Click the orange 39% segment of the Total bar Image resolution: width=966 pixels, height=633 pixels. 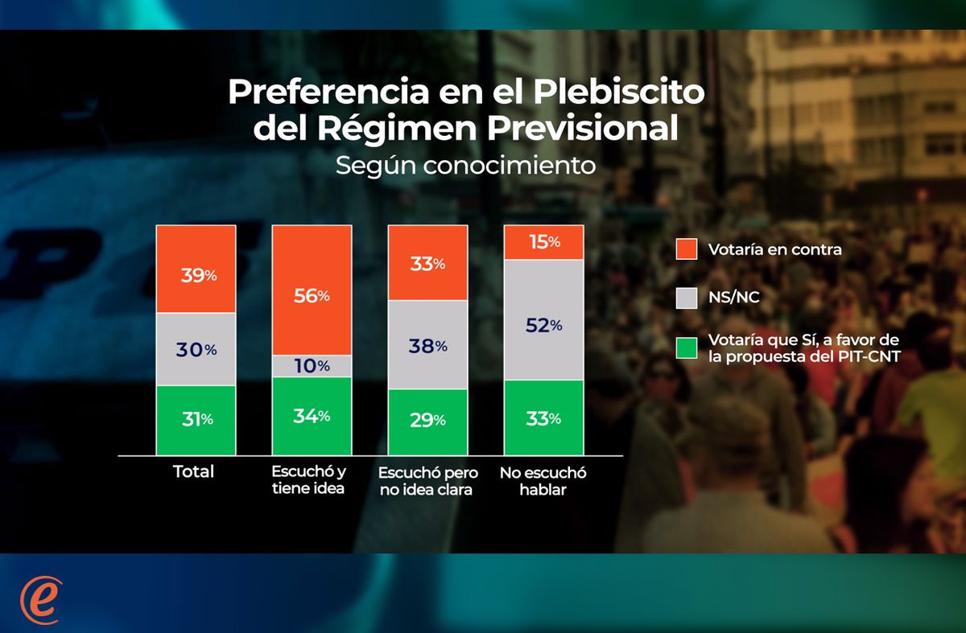[x=196, y=269]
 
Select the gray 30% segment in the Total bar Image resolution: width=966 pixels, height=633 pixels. [x=196, y=350]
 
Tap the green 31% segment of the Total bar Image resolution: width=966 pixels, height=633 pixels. [x=196, y=419]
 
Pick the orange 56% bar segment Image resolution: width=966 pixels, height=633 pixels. [x=312, y=290]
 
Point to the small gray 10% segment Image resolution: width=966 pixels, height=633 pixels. [x=312, y=366]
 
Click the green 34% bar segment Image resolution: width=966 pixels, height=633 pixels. [x=312, y=416]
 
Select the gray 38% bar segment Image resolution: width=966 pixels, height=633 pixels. [x=428, y=345]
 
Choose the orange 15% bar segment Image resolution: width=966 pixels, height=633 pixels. [x=544, y=242]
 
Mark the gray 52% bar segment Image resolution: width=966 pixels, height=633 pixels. [x=544, y=320]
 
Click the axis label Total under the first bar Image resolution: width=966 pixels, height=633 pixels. [x=194, y=471]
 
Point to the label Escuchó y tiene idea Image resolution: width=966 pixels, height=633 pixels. [x=310, y=480]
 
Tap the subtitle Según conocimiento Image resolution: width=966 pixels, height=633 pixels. [x=465, y=166]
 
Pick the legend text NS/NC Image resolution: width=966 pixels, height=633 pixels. [x=734, y=298]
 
